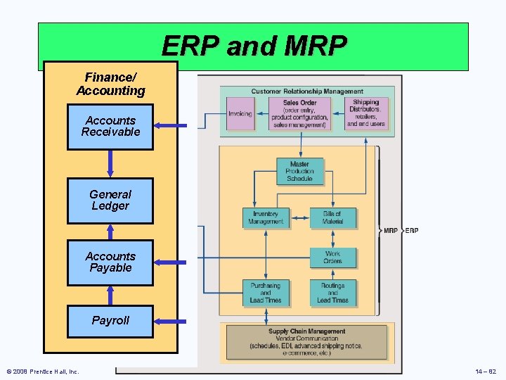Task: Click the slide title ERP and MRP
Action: click(x=254, y=46)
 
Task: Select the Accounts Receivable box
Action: click(x=110, y=127)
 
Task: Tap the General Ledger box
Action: click(x=110, y=201)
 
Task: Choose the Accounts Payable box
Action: click(x=110, y=262)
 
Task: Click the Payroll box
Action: click(x=110, y=321)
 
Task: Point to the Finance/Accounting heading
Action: click(x=110, y=84)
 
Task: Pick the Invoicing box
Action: click(x=240, y=114)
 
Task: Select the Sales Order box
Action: click(x=300, y=114)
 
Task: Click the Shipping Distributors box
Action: click(x=366, y=114)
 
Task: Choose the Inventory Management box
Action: click(x=266, y=218)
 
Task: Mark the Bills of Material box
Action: click(x=332, y=218)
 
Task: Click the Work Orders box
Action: click(x=332, y=258)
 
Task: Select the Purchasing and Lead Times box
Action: click(x=265, y=293)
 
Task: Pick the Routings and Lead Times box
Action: click(x=332, y=293)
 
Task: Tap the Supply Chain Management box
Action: click(x=307, y=341)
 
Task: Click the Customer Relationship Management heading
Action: click(x=307, y=91)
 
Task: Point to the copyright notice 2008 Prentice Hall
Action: click(x=43, y=372)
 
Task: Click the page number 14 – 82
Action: click(x=486, y=372)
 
